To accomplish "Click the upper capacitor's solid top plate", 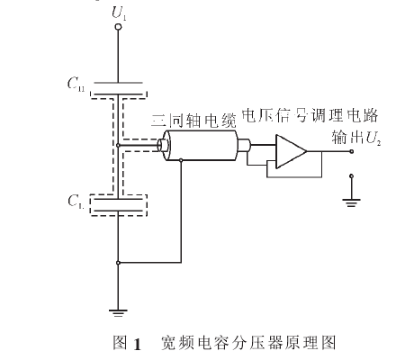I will coord(119,82).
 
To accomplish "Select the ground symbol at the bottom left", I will coord(119,312).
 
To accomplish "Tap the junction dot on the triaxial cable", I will coord(182,159).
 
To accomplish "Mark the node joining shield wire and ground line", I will coord(119,264).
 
